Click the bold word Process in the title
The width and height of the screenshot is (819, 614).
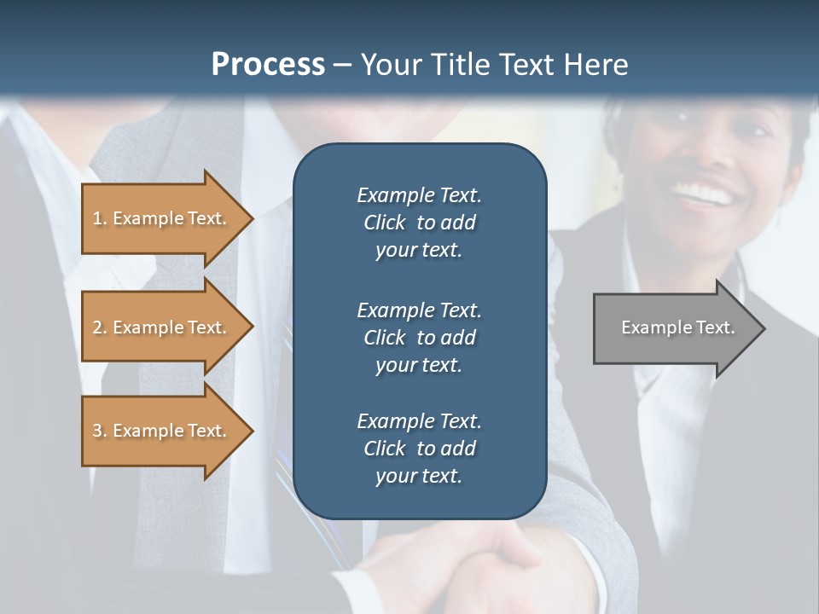[268, 65]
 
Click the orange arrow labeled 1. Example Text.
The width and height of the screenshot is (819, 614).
[162, 218]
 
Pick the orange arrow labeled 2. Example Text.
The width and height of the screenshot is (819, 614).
[162, 327]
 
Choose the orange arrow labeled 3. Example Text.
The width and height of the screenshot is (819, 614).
[162, 431]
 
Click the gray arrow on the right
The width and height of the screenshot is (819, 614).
[674, 327]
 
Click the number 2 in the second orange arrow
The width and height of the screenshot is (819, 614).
[97, 327]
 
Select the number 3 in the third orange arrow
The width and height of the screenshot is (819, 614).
[97, 431]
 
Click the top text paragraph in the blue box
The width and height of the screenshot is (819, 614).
[419, 223]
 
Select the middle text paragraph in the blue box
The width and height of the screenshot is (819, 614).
[419, 337]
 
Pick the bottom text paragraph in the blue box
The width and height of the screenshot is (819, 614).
[419, 449]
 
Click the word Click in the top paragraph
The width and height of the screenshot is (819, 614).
[384, 223]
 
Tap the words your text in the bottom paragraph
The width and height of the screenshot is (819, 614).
[419, 476]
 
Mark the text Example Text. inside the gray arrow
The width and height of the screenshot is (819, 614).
[677, 327]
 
